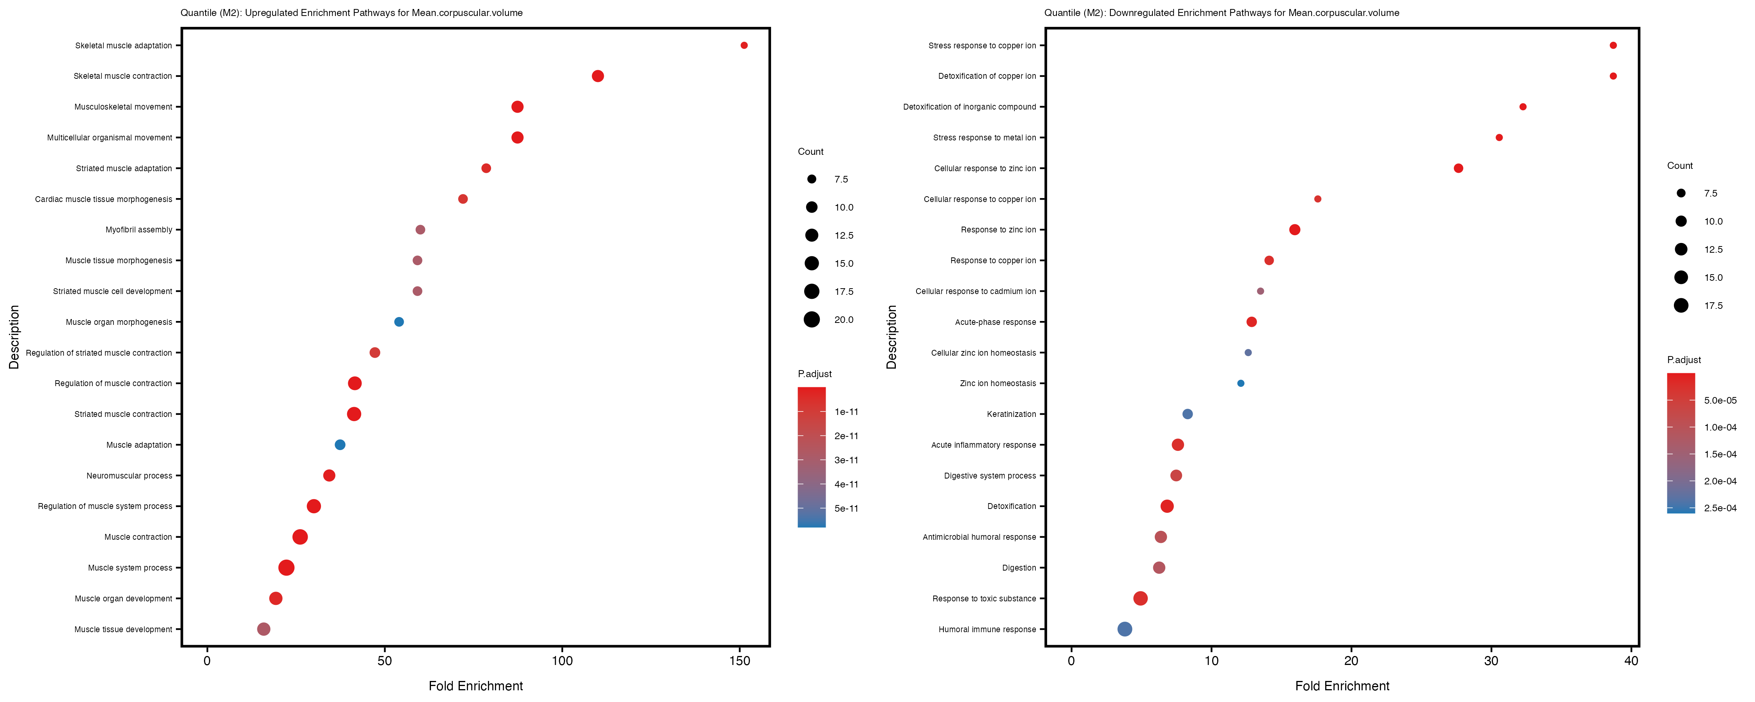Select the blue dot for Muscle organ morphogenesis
coord(399,322)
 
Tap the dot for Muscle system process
coord(287,568)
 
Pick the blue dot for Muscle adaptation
coord(340,445)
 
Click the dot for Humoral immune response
coord(1125,629)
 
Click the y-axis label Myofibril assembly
coord(139,230)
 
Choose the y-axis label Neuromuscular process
coord(129,476)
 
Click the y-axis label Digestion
coord(1019,568)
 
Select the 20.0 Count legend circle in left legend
coord(812,320)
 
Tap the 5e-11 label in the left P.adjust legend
coord(846,509)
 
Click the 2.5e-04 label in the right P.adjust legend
coord(1720,508)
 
